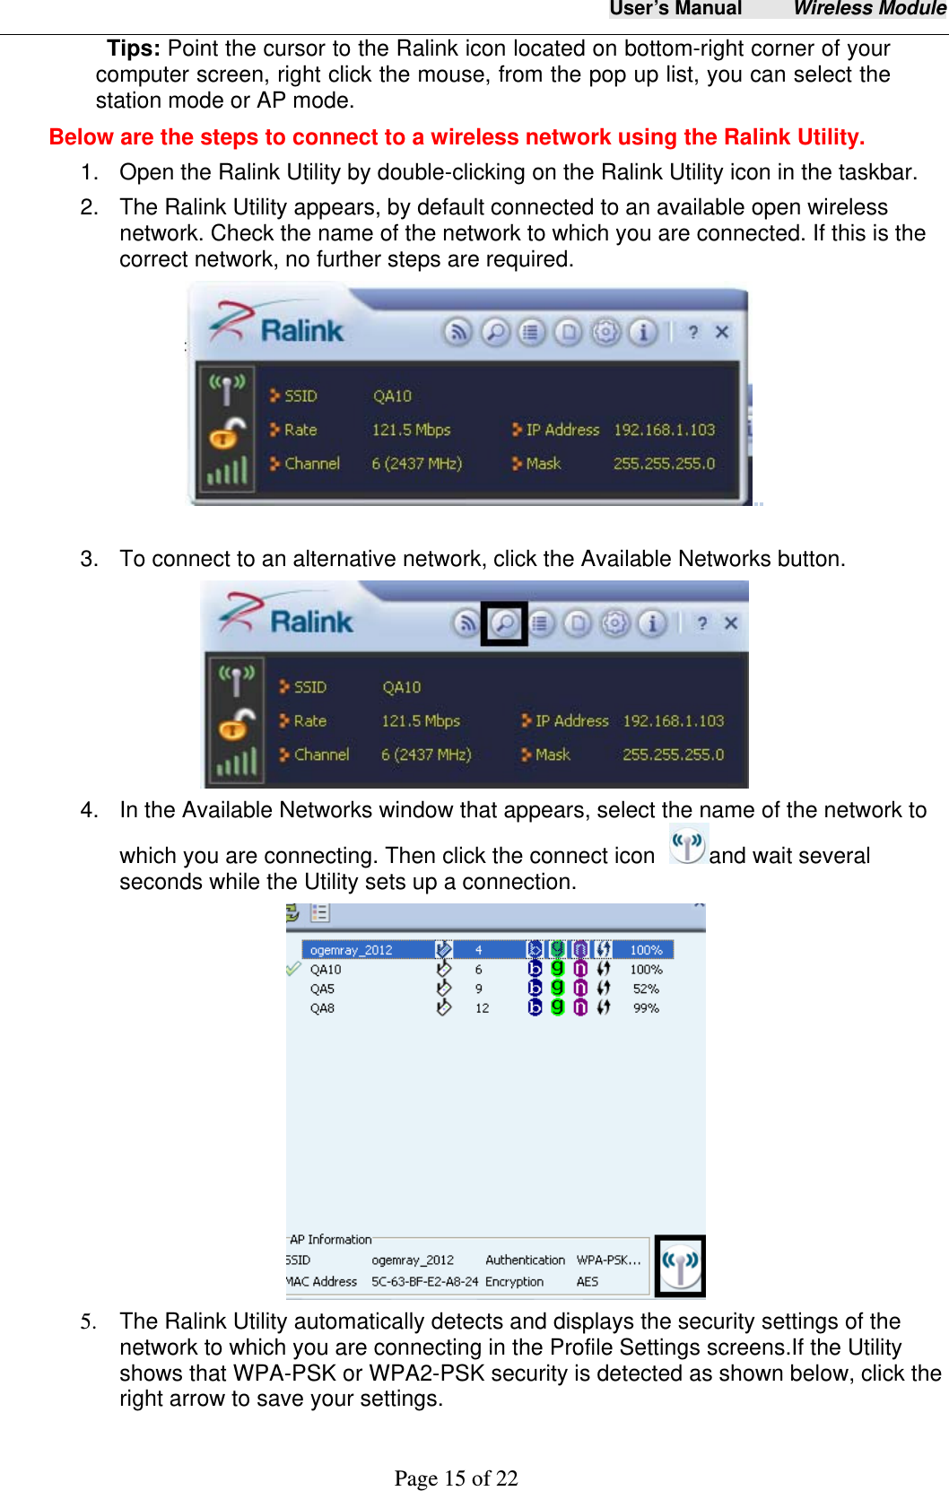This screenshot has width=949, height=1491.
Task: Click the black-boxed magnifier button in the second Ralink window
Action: pos(504,623)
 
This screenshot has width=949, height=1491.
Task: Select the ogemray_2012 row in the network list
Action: pos(351,950)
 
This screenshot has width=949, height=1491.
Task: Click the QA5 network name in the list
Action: pos(322,989)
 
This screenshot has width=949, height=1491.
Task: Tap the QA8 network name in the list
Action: pos(322,1008)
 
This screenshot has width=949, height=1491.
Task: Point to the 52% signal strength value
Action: pos(646,989)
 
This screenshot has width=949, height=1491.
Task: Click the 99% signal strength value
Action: pos(646,1008)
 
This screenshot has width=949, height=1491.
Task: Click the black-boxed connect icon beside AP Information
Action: pos(680,1266)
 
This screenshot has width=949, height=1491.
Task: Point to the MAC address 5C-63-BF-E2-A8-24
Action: pos(424,1282)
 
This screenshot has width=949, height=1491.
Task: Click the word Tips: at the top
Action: pos(134,48)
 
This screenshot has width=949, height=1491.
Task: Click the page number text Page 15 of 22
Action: pos(456,1478)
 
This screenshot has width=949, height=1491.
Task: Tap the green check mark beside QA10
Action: pos(293,969)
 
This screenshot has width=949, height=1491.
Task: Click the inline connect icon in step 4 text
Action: pos(688,845)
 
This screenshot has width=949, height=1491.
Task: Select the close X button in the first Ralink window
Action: pos(721,332)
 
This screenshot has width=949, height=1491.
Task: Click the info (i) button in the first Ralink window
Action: pos(642,333)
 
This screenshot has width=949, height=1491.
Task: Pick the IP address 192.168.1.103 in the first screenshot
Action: pos(664,430)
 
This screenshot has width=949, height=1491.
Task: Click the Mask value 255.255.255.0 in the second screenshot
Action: pos(673,754)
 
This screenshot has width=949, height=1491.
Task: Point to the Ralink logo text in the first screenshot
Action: pos(301,331)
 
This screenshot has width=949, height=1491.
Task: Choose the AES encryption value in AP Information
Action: pos(588,1282)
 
